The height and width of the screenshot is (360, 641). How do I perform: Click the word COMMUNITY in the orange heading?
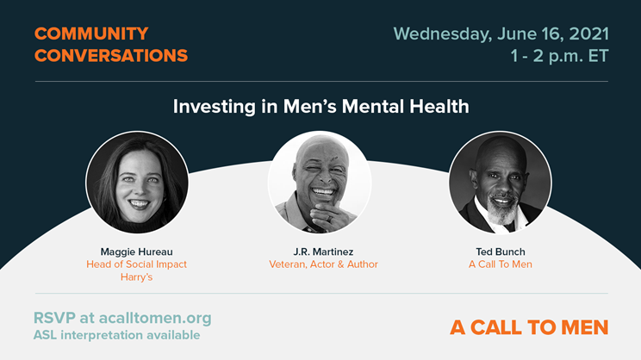point(91,34)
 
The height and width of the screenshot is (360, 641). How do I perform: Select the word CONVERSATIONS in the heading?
point(111,56)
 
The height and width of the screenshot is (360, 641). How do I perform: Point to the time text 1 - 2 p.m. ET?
point(560,56)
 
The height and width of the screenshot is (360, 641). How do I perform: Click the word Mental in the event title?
point(373,107)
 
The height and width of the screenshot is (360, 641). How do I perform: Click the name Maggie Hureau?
point(136,251)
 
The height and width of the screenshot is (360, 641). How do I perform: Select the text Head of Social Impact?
point(136,264)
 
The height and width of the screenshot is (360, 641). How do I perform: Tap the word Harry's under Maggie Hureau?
point(136,277)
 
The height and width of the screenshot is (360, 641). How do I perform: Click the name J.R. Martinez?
point(323,251)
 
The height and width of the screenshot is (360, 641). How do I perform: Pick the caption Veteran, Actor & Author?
point(323,264)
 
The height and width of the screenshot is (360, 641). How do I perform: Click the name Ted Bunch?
point(501,251)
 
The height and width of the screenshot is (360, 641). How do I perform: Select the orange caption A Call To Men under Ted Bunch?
point(501,264)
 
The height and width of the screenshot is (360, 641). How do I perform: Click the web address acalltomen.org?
point(155,318)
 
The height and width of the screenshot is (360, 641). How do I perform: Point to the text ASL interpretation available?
point(117,335)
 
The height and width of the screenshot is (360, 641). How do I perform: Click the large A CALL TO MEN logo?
point(529,327)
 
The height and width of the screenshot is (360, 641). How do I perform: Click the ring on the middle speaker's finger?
point(328,219)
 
